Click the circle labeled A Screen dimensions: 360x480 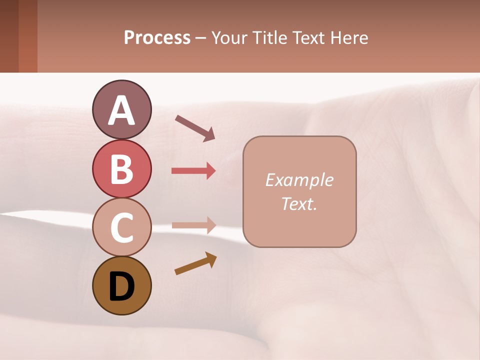point(121,109)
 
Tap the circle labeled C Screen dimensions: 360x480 point(121,227)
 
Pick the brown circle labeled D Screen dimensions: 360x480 point(121,285)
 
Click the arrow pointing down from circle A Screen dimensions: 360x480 point(195,127)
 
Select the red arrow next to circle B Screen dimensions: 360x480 point(193,171)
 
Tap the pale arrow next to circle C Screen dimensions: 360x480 point(193,225)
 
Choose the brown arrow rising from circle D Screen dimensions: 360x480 point(195,263)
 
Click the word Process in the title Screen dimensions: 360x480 point(157,38)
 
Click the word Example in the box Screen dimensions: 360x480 point(299,180)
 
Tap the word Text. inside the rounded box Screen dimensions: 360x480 point(299,203)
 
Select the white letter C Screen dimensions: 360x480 point(121,227)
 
